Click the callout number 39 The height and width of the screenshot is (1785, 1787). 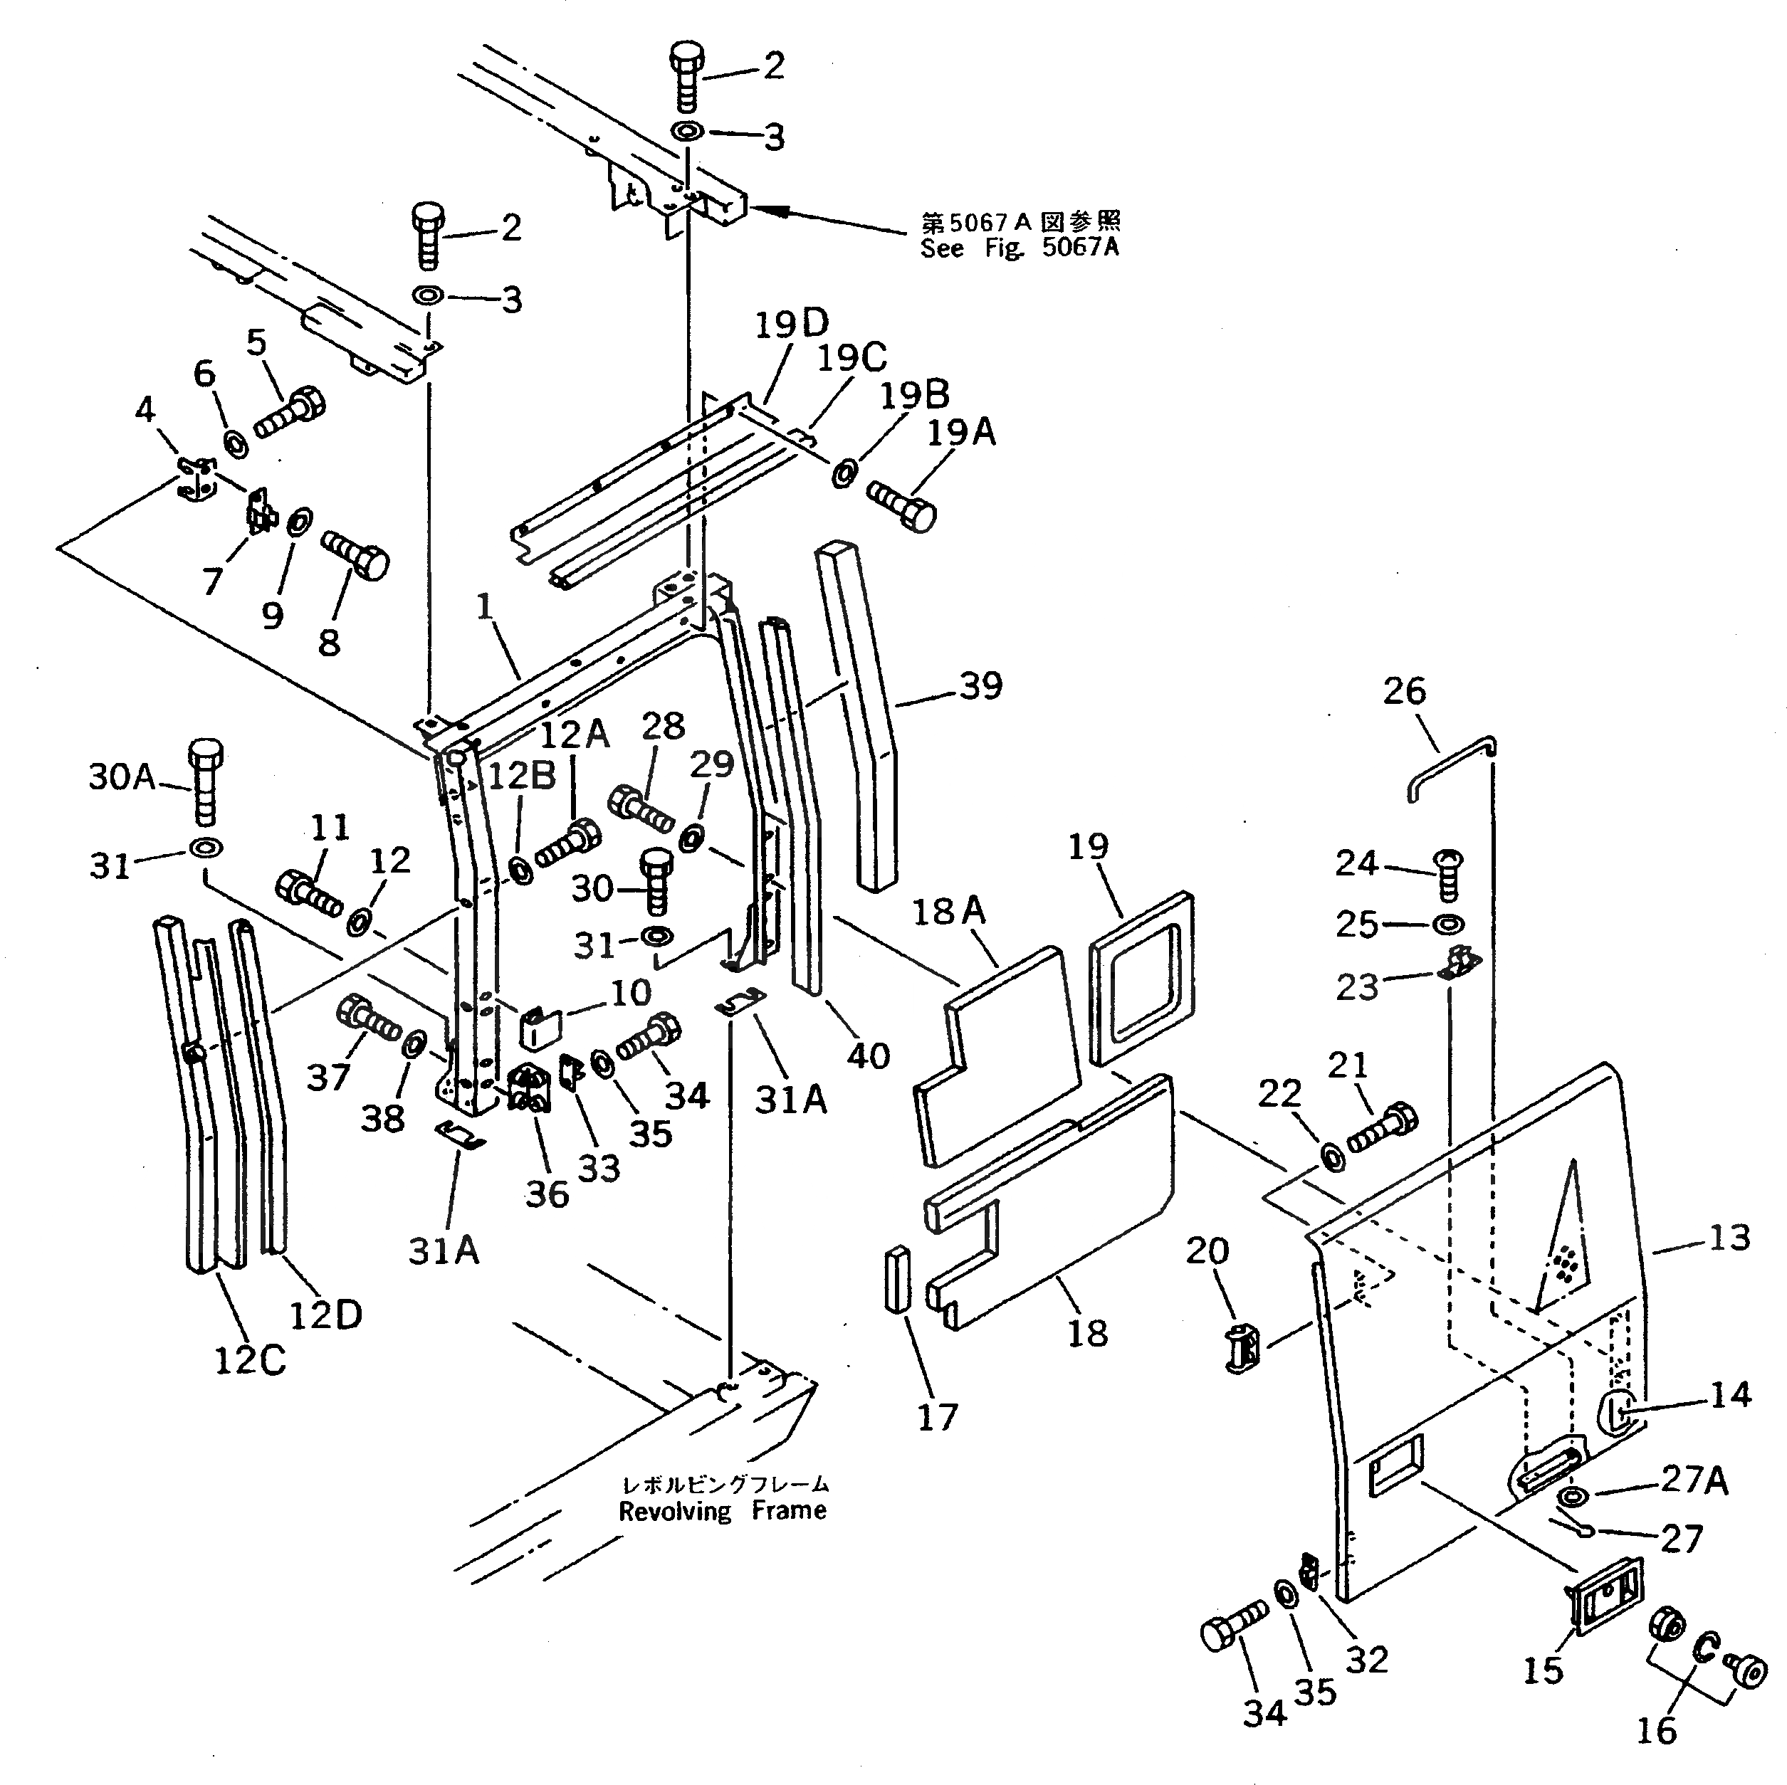[x=980, y=685]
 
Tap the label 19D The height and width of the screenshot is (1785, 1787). [x=792, y=325]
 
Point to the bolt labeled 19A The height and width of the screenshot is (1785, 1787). [x=901, y=504]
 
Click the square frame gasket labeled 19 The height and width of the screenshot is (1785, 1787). [x=1142, y=979]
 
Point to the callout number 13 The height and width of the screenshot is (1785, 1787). [x=1728, y=1238]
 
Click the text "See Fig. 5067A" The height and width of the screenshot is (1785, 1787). [x=1020, y=248]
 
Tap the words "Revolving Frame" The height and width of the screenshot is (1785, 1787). [x=723, y=1510]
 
